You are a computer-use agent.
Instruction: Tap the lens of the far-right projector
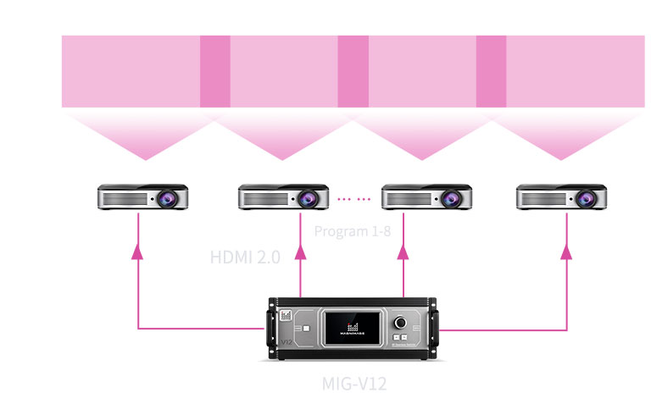tap(587, 199)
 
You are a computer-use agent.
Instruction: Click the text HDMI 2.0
tap(245, 257)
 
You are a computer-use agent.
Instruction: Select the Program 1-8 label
tap(352, 231)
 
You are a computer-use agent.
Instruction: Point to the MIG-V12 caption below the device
tap(354, 384)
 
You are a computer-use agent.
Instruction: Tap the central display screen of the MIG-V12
tap(354, 326)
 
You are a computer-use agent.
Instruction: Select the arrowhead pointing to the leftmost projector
tap(138, 251)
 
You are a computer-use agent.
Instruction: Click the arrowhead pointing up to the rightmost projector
tap(567, 251)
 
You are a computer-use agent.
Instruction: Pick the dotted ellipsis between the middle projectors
tap(353, 199)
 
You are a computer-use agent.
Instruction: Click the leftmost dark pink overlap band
tap(214, 71)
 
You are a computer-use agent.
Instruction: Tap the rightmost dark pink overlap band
tap(491, 71)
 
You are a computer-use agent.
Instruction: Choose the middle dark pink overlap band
tap(353, 71)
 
